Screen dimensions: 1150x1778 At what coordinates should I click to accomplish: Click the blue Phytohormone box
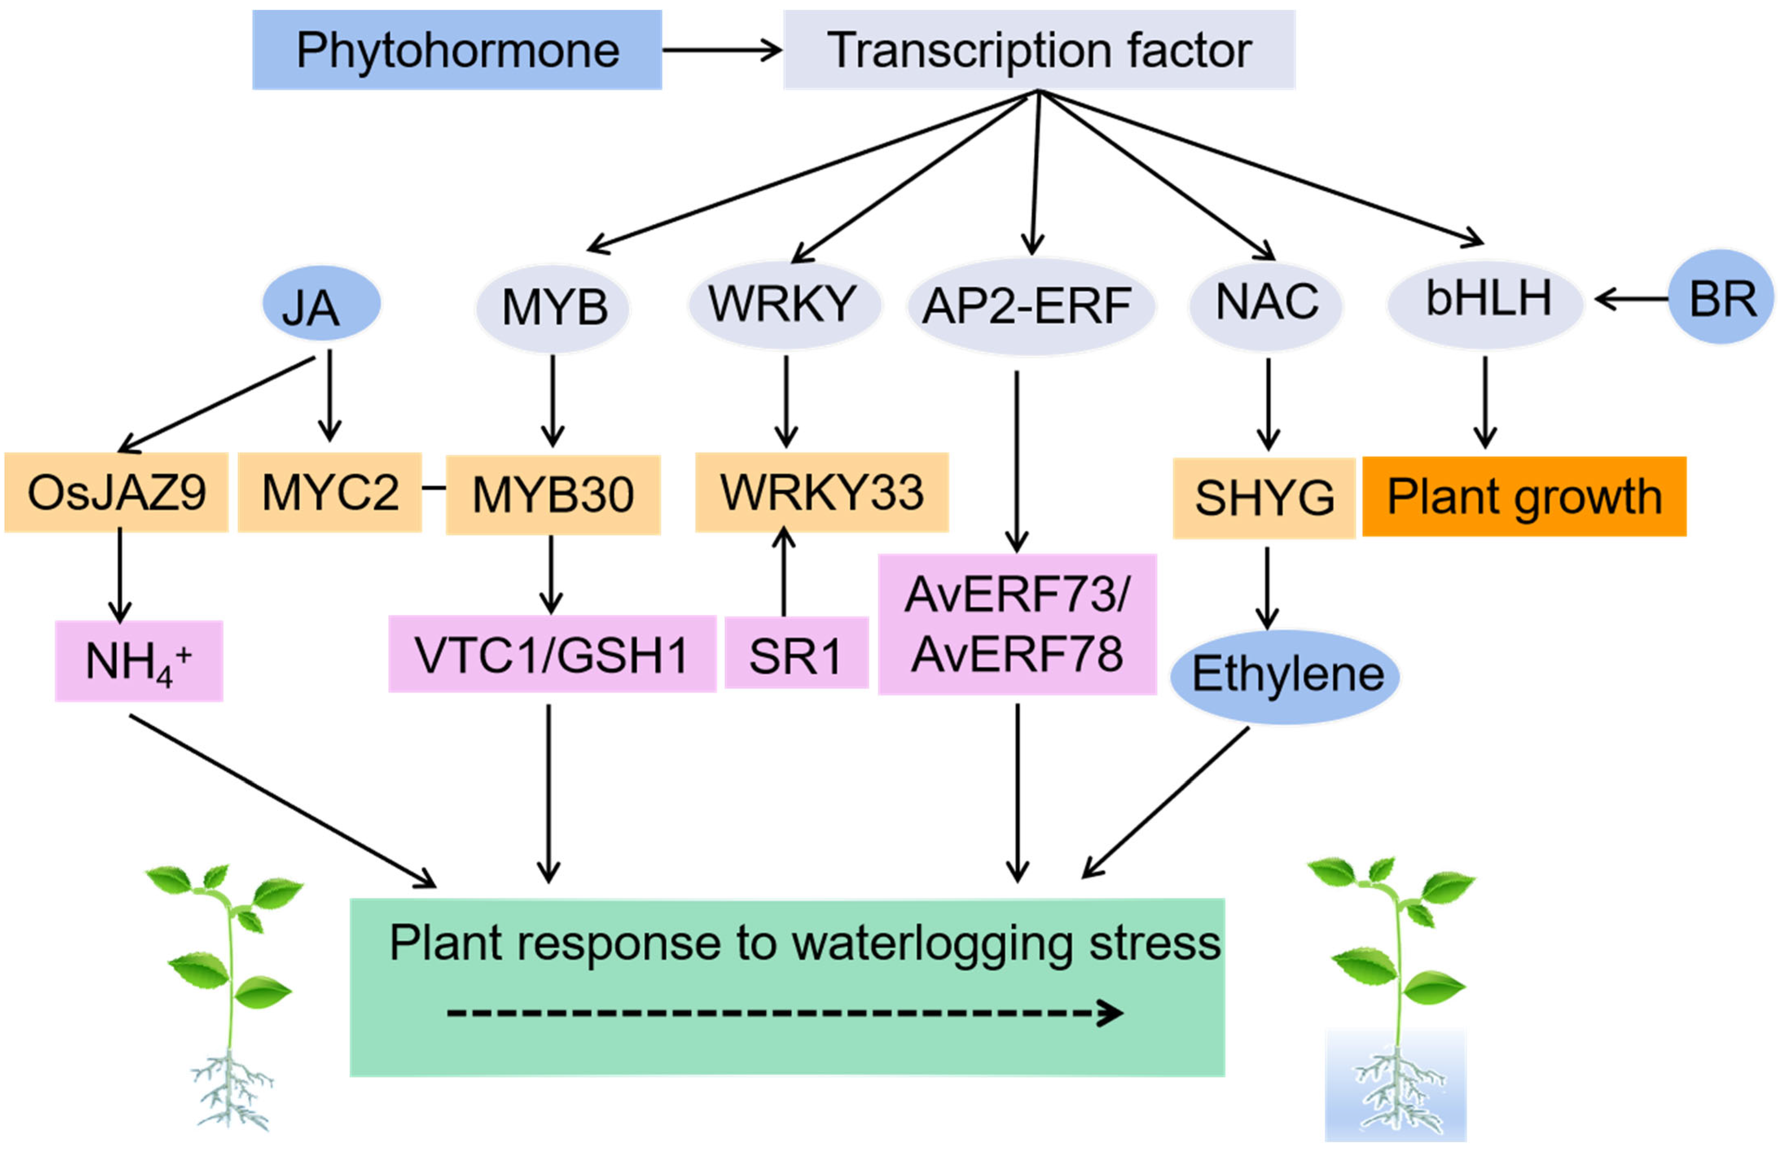456,50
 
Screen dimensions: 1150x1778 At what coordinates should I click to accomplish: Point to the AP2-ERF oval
1030,306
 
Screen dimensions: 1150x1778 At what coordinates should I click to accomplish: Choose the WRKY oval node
784,304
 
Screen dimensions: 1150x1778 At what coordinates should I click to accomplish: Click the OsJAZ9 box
116,492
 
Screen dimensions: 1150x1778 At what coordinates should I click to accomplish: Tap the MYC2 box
329,492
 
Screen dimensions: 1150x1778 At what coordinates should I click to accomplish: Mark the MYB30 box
552,494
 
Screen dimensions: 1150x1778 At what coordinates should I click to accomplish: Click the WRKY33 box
822,492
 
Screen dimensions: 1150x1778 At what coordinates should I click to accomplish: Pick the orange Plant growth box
1524,496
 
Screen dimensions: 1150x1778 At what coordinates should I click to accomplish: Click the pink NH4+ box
139,660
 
